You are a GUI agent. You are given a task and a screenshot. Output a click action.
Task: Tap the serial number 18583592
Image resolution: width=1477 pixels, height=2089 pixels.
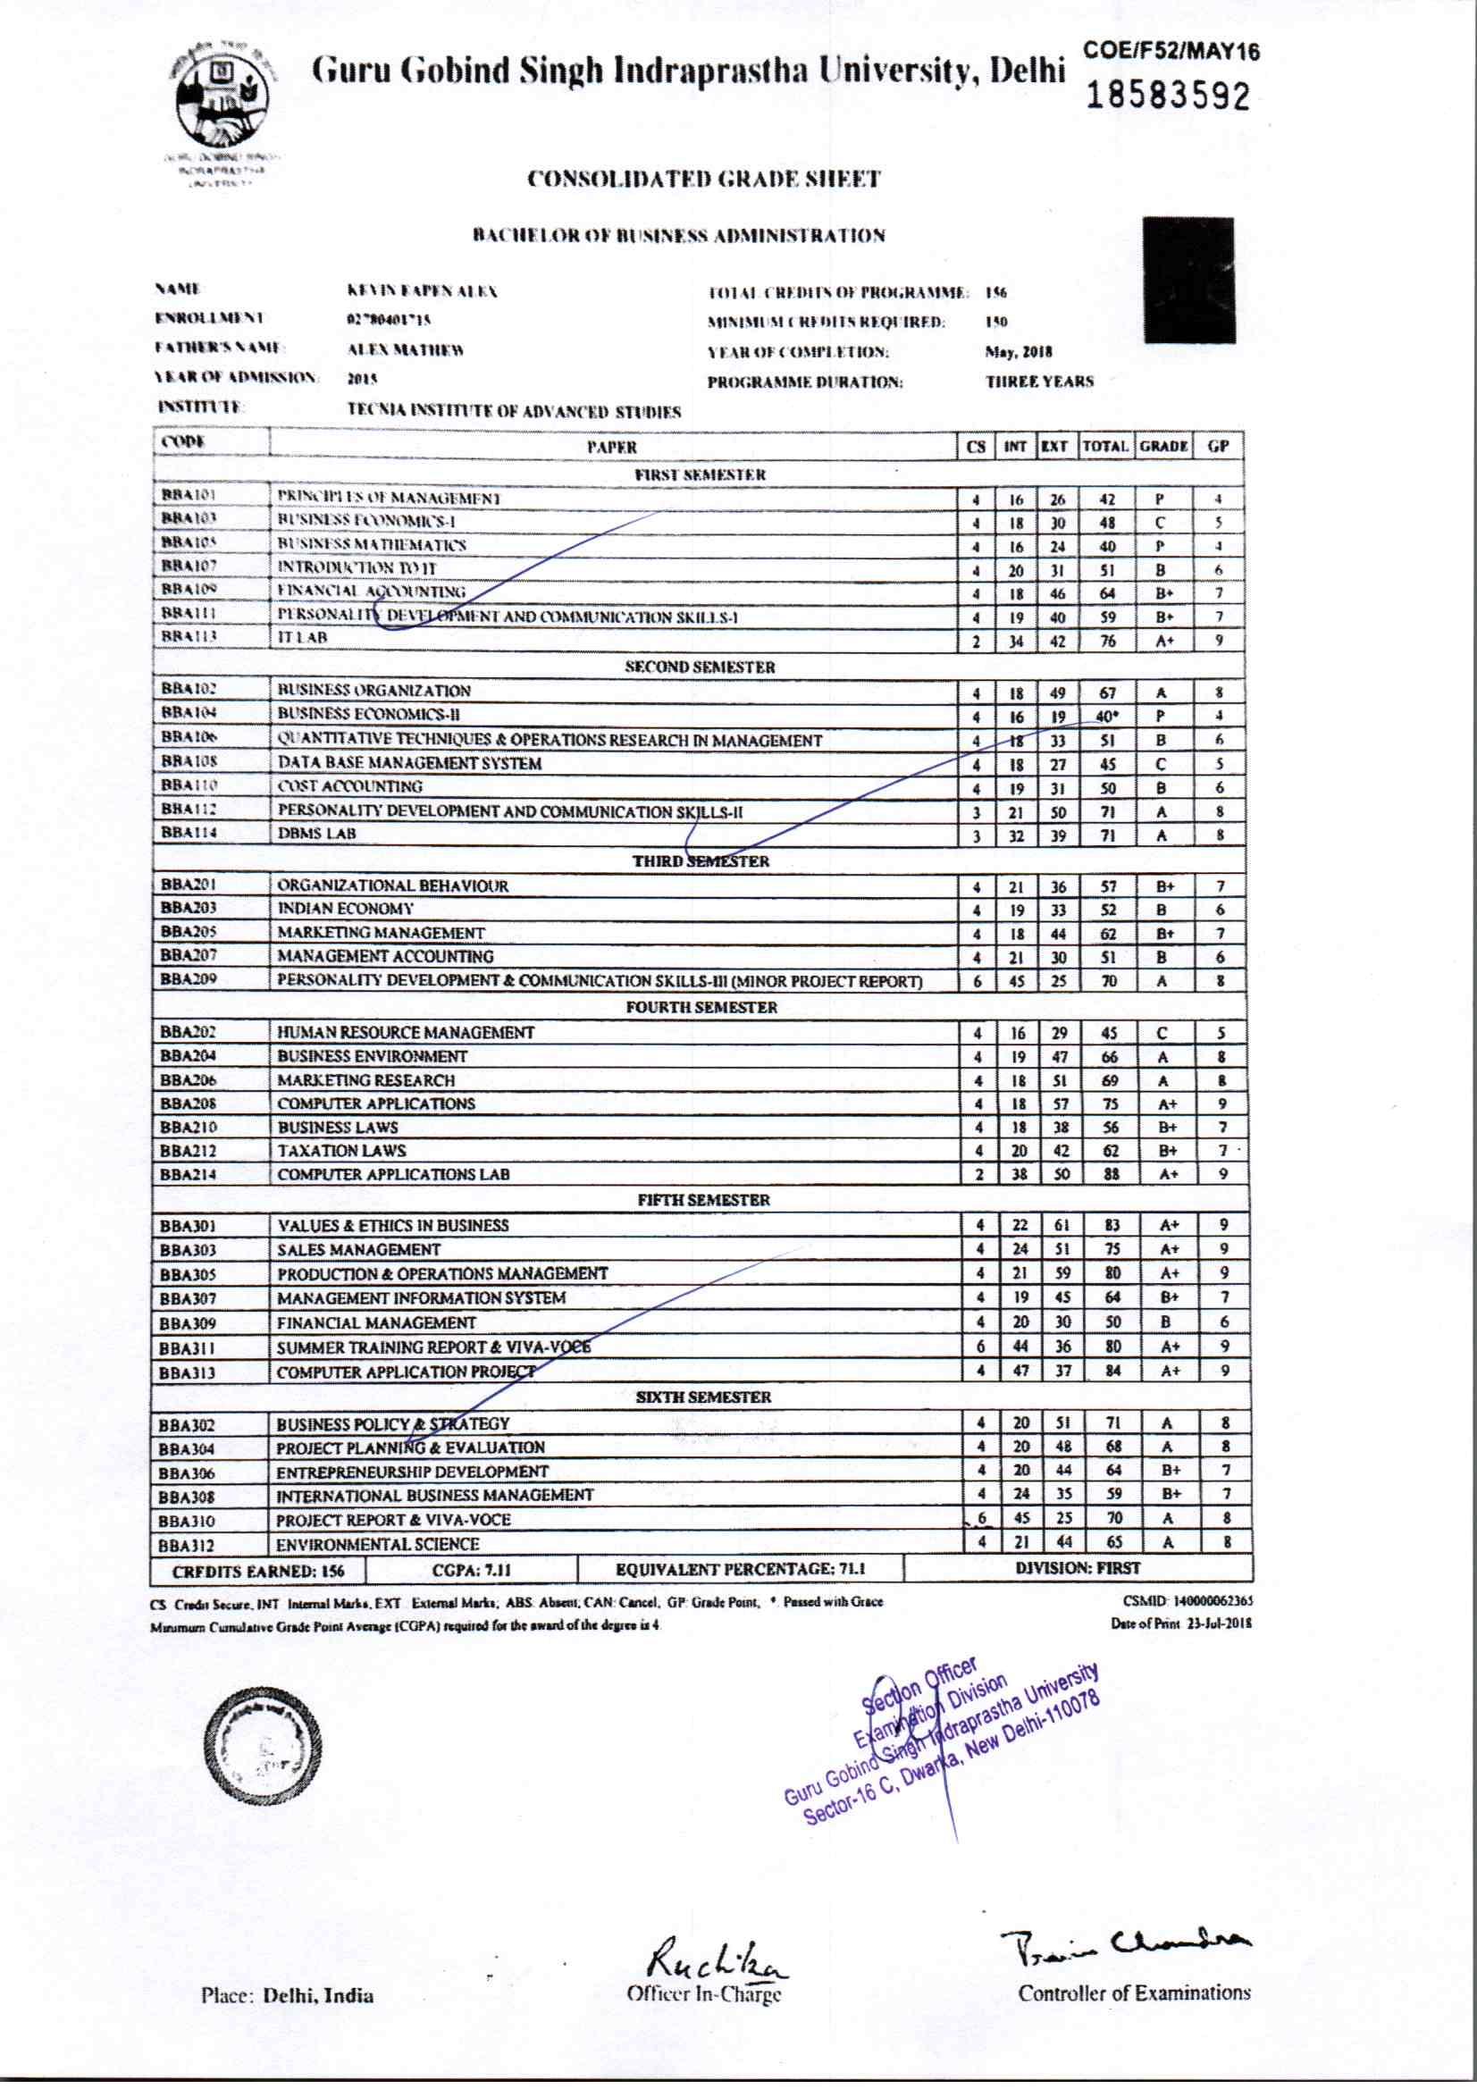(1169, 96)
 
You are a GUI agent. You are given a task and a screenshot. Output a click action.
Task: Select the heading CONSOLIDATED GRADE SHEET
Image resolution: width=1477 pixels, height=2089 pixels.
(703, 179)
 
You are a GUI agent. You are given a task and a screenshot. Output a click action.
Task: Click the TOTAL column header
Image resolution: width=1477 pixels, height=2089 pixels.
(1105, 446)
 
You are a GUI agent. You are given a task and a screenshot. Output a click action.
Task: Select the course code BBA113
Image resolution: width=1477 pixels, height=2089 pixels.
(189, 636)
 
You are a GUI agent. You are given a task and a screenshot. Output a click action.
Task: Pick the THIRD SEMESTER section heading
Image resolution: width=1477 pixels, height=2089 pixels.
(701, 860)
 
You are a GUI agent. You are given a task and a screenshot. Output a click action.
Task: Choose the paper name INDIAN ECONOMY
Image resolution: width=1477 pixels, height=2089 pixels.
(345, 909)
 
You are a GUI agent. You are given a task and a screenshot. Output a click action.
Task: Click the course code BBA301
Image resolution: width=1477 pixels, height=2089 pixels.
(188, 1226)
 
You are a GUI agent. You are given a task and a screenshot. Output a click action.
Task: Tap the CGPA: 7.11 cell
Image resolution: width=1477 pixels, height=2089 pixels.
(472, 1570)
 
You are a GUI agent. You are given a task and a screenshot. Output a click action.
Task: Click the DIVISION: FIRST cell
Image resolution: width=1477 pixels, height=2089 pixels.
(1078, 1568)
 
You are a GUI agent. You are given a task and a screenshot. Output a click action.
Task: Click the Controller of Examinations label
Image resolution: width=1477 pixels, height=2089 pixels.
(1134, 1993)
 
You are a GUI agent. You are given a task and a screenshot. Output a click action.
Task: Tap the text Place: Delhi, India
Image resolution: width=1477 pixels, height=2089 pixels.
(287, 1995)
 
